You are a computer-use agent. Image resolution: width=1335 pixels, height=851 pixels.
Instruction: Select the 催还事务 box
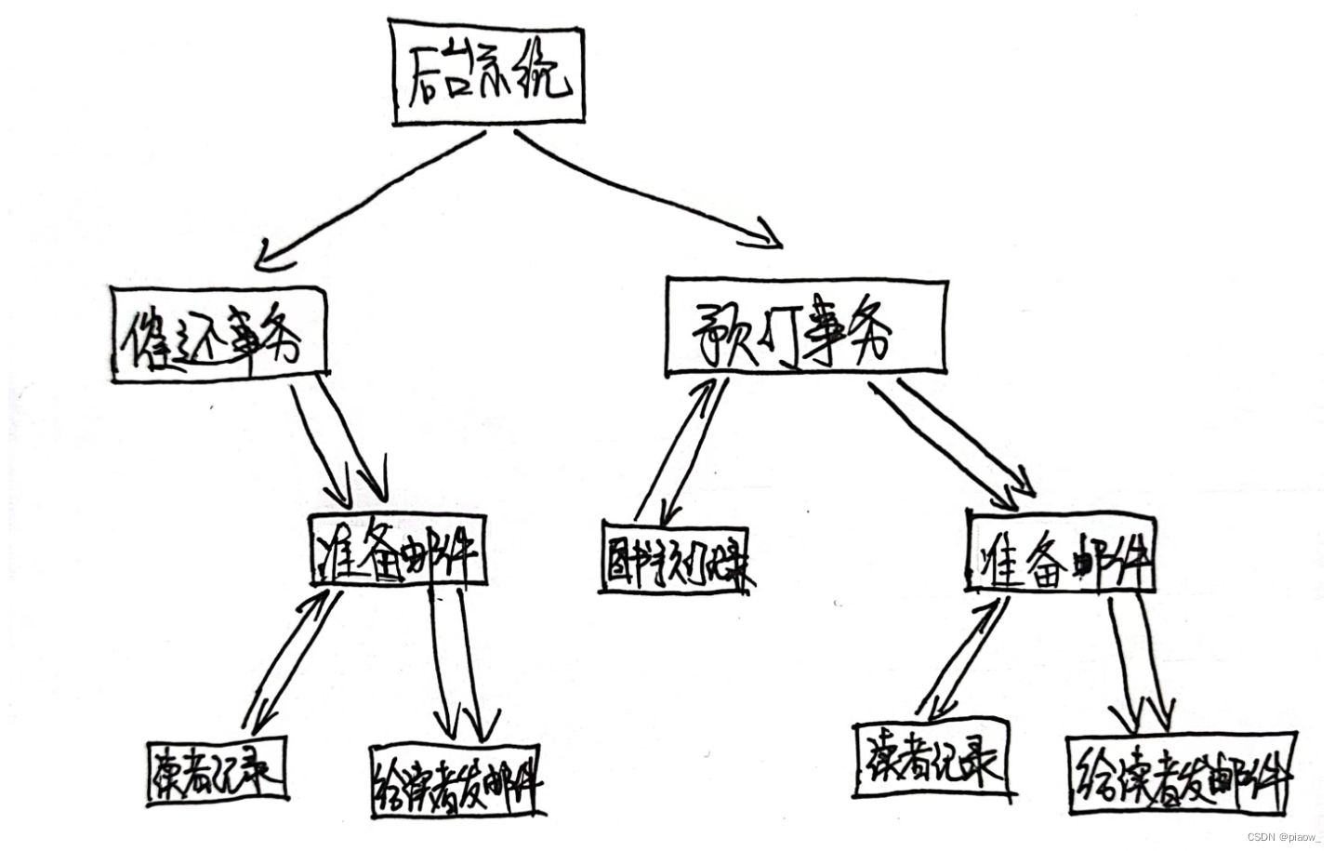[218, 332]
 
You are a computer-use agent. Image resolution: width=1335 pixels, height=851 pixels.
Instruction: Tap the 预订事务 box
[805, 326]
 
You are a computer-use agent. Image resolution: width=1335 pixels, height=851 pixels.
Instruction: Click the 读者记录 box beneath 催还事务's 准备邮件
[217, 769]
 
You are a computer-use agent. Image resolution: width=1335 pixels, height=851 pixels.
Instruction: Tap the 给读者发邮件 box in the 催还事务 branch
[456, 781]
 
